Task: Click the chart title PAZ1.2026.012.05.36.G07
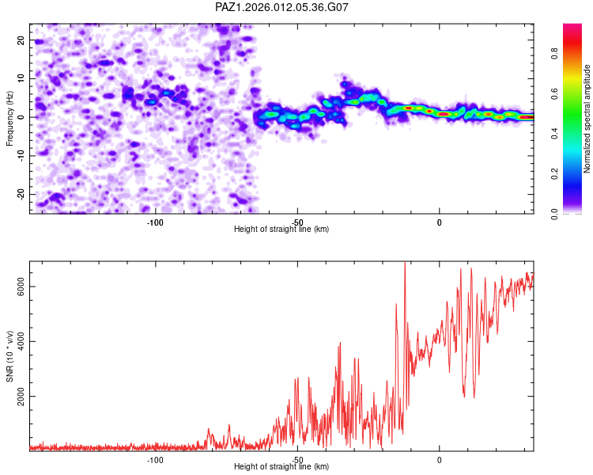(x=282, y=8)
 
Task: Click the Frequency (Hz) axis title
(x=9, y=119)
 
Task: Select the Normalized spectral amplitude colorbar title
(x=587, y=119)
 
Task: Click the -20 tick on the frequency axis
(x=20, y=194)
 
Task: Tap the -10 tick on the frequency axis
(x=20, y=155)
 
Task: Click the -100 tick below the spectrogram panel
(x=155, y=222)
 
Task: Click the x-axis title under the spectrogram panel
(x=281, y=230)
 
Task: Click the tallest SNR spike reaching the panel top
(x=405, y=265)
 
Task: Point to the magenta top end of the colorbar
(x=572, y=27)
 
